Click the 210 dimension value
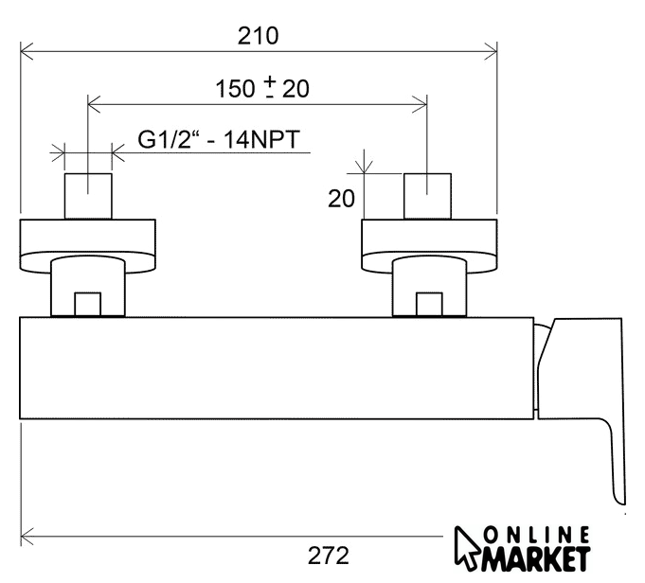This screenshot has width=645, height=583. pyautogui.click(x=258, y=36)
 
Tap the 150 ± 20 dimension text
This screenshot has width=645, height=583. pyautogui.click(x=262, y=88)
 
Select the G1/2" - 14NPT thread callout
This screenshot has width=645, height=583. pyautogui.click(x=219, y=139)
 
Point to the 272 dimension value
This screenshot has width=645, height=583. pyautogui.click(x=329, y=556)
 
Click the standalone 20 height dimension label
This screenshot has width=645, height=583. pyautogui.click(x=341, y=199)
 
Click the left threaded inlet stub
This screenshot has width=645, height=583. pyautogui.click(x=88, y=196)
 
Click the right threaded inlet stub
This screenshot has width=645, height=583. pyautogui.click(x=427, y=196)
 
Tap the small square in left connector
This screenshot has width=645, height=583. pyautogui.click(x=88, y=305)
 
